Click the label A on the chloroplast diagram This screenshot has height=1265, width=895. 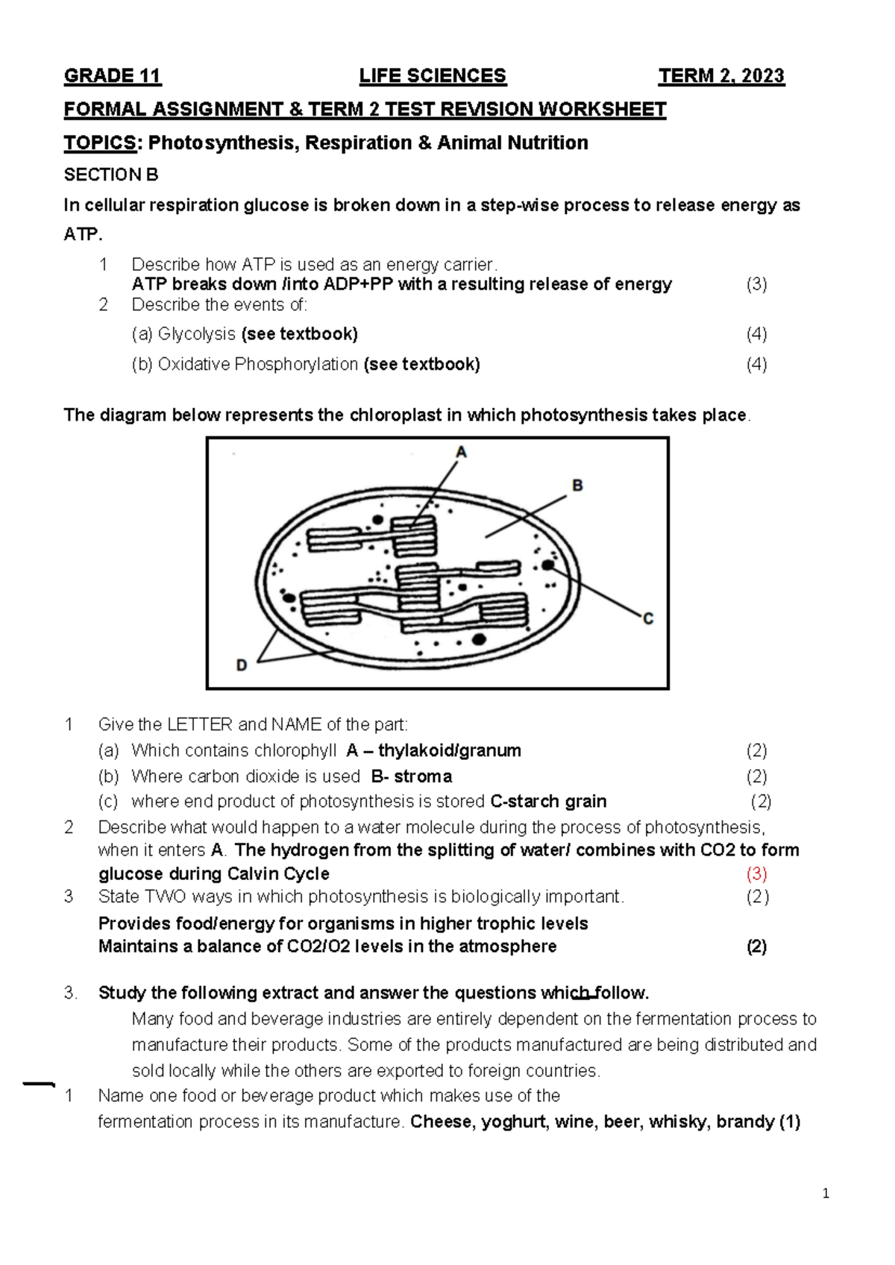(x=461, y=452)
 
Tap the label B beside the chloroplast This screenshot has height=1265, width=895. (x=577, y=486)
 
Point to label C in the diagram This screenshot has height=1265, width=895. (x=647, y=619)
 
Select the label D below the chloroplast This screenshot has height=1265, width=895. (x=242, y=665)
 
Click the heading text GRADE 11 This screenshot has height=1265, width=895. (x=113, y=76)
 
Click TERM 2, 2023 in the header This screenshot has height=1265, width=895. (x=721, y=76)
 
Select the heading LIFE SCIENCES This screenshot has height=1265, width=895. (x=433, y=76)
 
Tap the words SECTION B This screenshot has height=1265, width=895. (x=111, y=175)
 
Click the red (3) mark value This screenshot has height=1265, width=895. (x=756, y=873)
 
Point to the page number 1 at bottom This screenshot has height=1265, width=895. (x=826, y=1194)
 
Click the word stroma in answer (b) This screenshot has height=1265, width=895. (x=423, y=776)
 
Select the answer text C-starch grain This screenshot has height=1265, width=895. (x=548, y=802)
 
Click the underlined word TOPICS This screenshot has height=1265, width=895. (x=100, y=143)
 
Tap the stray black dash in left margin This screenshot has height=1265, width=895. (x=39, y=1084)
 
